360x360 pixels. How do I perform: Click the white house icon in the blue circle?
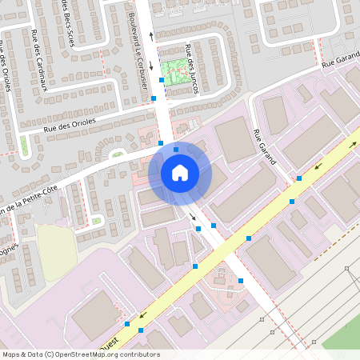180,172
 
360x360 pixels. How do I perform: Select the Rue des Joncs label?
192,69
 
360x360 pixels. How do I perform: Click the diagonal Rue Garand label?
265,146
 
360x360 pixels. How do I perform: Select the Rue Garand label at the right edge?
340,62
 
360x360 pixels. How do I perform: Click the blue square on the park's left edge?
162,80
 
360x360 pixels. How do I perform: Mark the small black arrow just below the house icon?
192,216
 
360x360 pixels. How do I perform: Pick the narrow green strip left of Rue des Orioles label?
23,146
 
